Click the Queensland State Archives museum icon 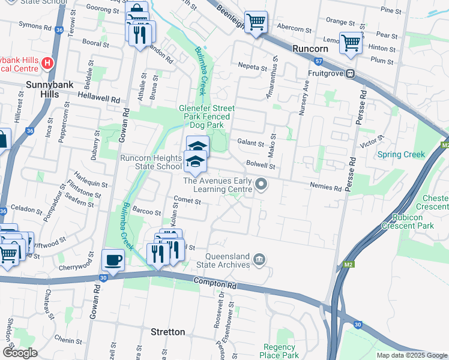coord(259,259)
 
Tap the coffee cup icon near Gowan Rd coord(113,260)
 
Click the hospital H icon coord(49,62)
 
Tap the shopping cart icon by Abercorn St coord(256,22)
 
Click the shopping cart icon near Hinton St coord(351,43)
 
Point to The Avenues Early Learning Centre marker coord(261,184)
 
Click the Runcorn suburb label coord(309,49)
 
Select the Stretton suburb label coord(167,332)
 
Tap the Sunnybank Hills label coord(50,89)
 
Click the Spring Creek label coord(401,155)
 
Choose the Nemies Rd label coord(327,188)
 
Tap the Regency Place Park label coord(280,351)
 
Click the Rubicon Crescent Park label coord(412,221)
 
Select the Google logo coord(20,353)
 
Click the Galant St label coord(250,144)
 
